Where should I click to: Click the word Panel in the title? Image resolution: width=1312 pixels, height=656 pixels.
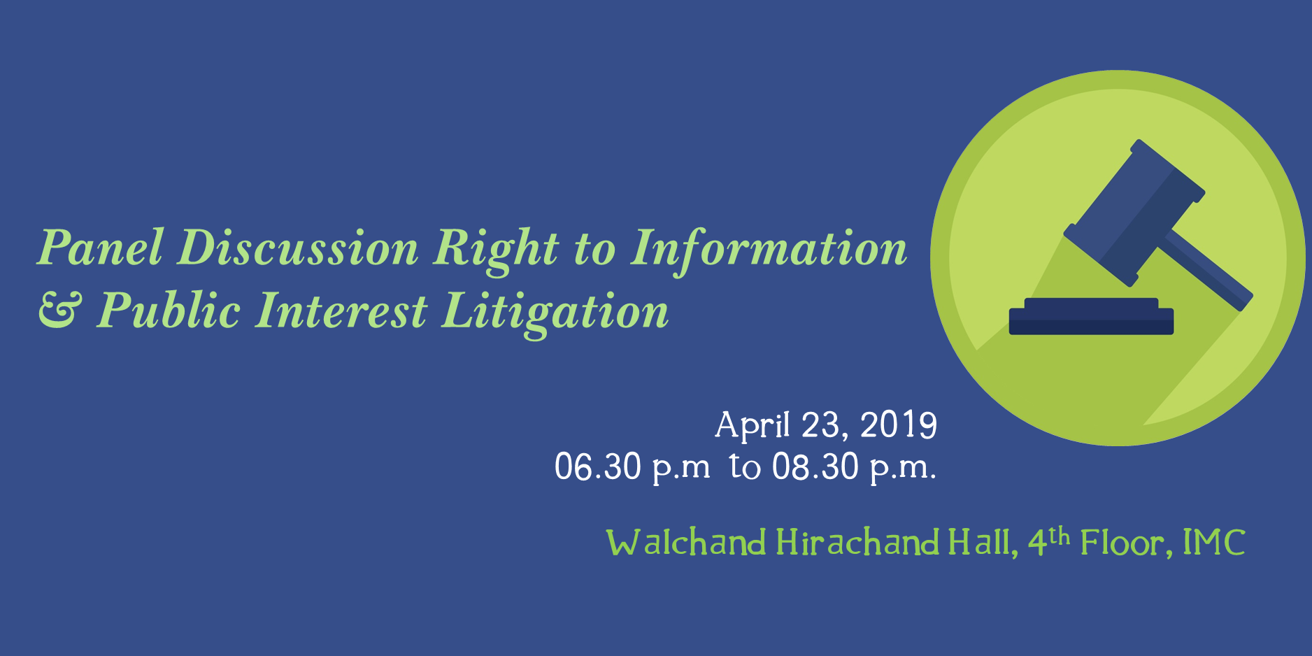[101, 248]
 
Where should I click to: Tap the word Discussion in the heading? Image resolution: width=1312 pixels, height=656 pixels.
[298, 248]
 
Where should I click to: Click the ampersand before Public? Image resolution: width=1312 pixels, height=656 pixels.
[60, 311]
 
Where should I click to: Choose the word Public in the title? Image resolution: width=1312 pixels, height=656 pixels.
[169, 311]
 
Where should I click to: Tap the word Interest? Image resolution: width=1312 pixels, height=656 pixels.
[341, 311]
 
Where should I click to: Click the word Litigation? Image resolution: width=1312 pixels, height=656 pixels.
[555, 313]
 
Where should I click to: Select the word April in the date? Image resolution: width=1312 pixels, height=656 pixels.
[753, 425]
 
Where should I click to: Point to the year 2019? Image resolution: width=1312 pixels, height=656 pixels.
[899, 425]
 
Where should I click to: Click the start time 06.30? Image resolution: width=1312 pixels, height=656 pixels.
[598, 466]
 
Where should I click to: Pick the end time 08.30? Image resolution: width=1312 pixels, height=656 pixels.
[815, 466]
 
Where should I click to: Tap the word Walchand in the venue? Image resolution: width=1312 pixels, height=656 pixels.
[686, 542]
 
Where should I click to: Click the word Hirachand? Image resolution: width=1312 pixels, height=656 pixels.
[858, 542]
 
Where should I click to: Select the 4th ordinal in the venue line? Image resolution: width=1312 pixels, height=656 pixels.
[1048, 541]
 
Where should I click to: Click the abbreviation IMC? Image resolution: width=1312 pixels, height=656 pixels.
[1214, 543]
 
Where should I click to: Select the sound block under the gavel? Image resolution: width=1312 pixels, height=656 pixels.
[1091, 316]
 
